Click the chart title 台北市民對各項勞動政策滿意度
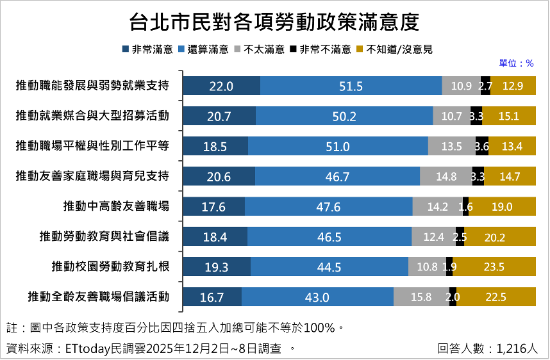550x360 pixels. pos(274,22)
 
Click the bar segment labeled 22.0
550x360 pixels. pos(221,86)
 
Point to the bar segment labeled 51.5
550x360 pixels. pos(351,86)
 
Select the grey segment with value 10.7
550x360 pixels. pos(451,116)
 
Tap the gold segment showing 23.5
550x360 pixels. pos(494,267)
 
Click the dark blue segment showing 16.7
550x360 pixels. pos(212,297)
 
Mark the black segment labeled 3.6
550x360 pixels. pos(482,146)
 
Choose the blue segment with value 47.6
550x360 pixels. pos(328,206)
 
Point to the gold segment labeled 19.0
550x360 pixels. pos(502,206)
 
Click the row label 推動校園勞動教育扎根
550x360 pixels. pos(110,266)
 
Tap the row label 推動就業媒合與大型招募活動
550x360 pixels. pos(92,115)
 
